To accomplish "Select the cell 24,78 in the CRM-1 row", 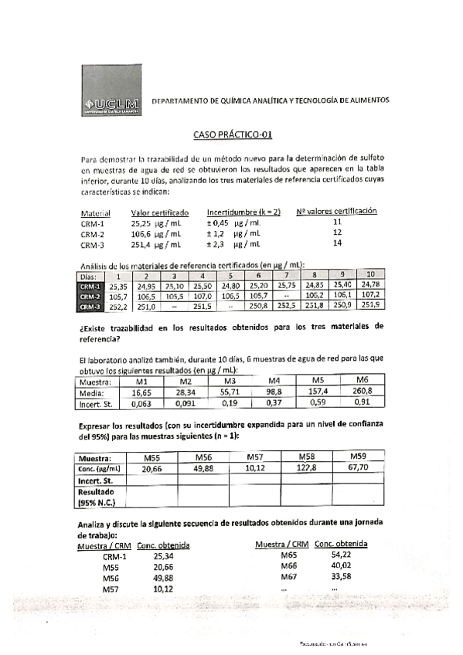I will pos(370,285).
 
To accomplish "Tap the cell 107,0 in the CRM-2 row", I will pos(202,295).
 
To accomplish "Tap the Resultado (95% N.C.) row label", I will pos(97,496).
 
